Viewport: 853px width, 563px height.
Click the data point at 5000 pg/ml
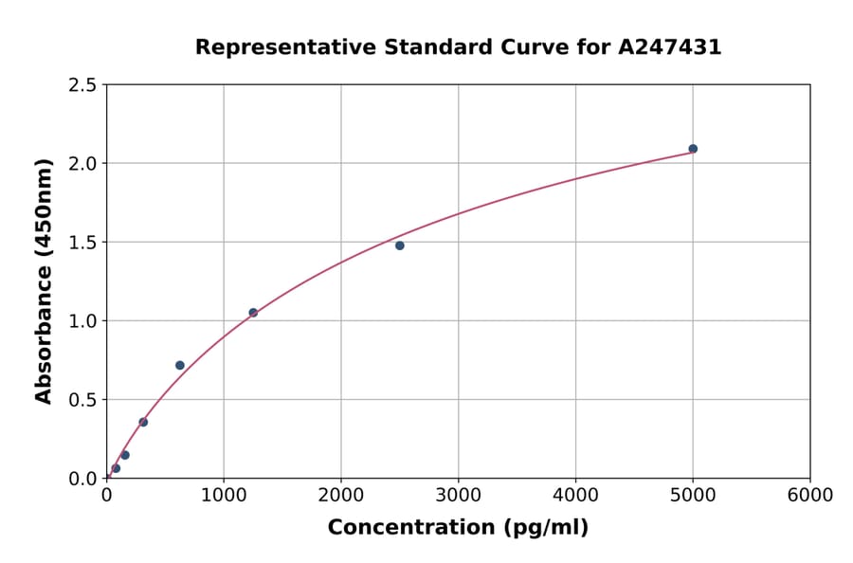693,149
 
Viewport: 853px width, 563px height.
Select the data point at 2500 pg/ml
400,245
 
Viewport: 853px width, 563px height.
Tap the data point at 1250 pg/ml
253,313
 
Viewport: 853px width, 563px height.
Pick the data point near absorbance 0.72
180,365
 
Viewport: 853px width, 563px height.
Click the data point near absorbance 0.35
143,422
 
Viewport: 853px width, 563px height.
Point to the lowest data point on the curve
116,468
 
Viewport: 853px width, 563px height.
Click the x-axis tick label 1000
224,496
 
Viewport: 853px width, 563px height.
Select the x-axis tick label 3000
458,496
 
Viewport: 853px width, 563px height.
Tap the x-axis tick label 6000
809,496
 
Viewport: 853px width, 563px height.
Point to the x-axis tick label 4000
575,496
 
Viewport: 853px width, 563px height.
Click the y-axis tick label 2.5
82,85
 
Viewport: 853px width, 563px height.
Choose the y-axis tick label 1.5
82,243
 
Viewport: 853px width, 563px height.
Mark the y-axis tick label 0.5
82,400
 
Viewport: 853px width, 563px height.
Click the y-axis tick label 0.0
82,479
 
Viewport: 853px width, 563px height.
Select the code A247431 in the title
670,47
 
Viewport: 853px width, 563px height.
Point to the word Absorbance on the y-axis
44,338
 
